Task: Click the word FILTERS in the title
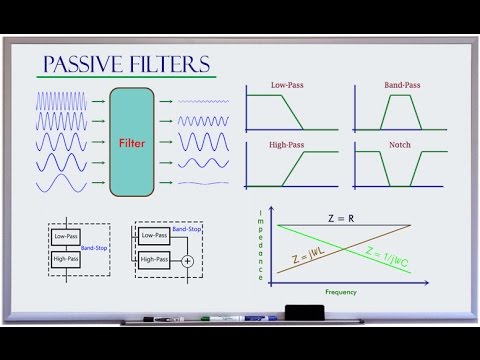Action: [x=171, y=66]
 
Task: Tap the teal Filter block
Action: [x=133, y=143]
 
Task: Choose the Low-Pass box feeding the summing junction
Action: [x=154, y=236]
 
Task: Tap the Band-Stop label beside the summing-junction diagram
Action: [x=186, y=230]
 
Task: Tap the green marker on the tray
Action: [x=222, y=319]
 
